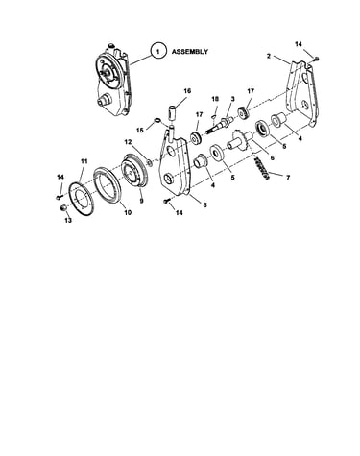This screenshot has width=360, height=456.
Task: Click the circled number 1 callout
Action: pyautogui.click(x=157, y=51)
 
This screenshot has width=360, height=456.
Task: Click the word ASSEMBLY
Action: pyautogui.click(x=190, y=51)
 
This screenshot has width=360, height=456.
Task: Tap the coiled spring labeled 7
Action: pyautogui.click(x=262, y=168)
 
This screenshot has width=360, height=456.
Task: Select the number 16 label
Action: pyautogui.click(x=187, y=91)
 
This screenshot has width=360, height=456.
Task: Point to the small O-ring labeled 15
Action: pyautogui.click(x=157, y=120)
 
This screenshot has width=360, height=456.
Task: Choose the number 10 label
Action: pyautogui.click(x=128, y=212)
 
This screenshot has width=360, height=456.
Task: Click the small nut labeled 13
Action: pyautogui.click(x=63, y=208)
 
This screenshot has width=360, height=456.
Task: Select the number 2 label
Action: pyautogui.click(x=269, y=56)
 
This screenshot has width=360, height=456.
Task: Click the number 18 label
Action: pyautogui.click(x=215, y=99)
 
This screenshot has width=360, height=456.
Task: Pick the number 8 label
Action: pyautogui.click(x=204, y=204)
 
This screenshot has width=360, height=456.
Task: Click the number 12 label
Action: pyautogui.click(x=128, y=141)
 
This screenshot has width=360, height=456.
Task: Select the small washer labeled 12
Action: pyautogui.click(x=149, y=163)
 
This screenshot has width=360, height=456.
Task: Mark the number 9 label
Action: pyautogui.click(x=141, y=201)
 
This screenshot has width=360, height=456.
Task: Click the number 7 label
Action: pyautogui.click(x=288, y=178)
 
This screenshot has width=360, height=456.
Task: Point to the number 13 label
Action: pyautogui.click(x=68, y=221)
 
